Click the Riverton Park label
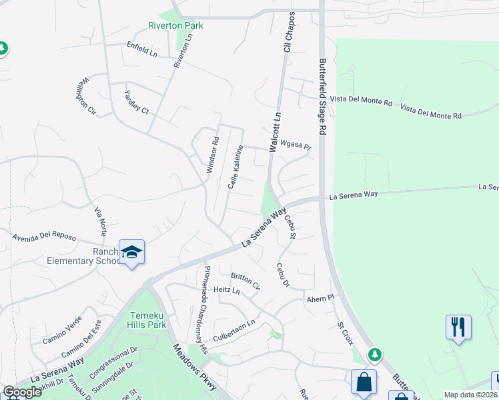[x=175, y=26]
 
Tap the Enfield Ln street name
[x=141, y=48]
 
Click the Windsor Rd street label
[x=212, y=155]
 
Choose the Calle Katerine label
[x=233, y=167]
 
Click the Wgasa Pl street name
[x=296, y=145]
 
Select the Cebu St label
[x=290, y=227]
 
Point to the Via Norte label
[x=100, y=221]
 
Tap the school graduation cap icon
[x=131, y=252]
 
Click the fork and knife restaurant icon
[x=458, y=327]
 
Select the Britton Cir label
[x=245, y=280]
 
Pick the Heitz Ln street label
[x=226, y=290]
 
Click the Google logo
[x=23, y=392]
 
